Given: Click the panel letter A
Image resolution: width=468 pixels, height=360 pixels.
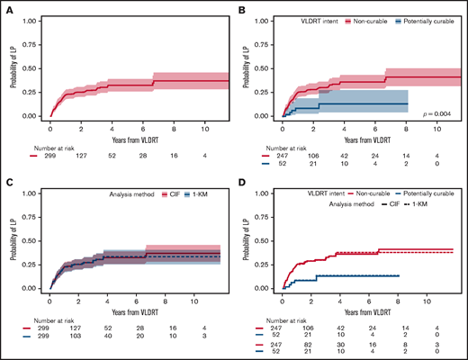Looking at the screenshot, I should tap(10, 10).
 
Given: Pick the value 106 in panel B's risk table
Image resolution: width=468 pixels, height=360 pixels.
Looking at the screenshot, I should tap(319, 155).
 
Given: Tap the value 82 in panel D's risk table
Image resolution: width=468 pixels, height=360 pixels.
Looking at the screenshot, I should tap(319, 344).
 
